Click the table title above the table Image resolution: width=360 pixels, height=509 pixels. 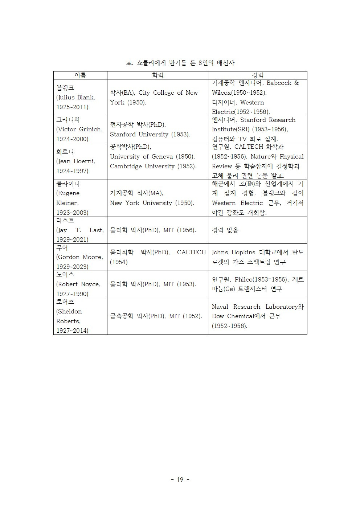(180, 63)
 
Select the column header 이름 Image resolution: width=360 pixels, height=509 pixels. (80, 75)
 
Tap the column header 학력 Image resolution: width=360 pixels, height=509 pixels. (157, 75)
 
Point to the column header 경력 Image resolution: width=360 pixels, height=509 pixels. (258, 75)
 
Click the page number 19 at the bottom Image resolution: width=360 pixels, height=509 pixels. (180, 480)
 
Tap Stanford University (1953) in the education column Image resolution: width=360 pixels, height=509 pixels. (150, 135)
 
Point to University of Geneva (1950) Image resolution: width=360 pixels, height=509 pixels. (152, 157)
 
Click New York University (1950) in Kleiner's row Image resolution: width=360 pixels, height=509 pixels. (152, 203)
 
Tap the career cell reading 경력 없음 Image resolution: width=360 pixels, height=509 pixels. (225, 230)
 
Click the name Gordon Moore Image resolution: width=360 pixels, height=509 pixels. (80, 257)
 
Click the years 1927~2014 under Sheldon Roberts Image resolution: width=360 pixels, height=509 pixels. (72, 331)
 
